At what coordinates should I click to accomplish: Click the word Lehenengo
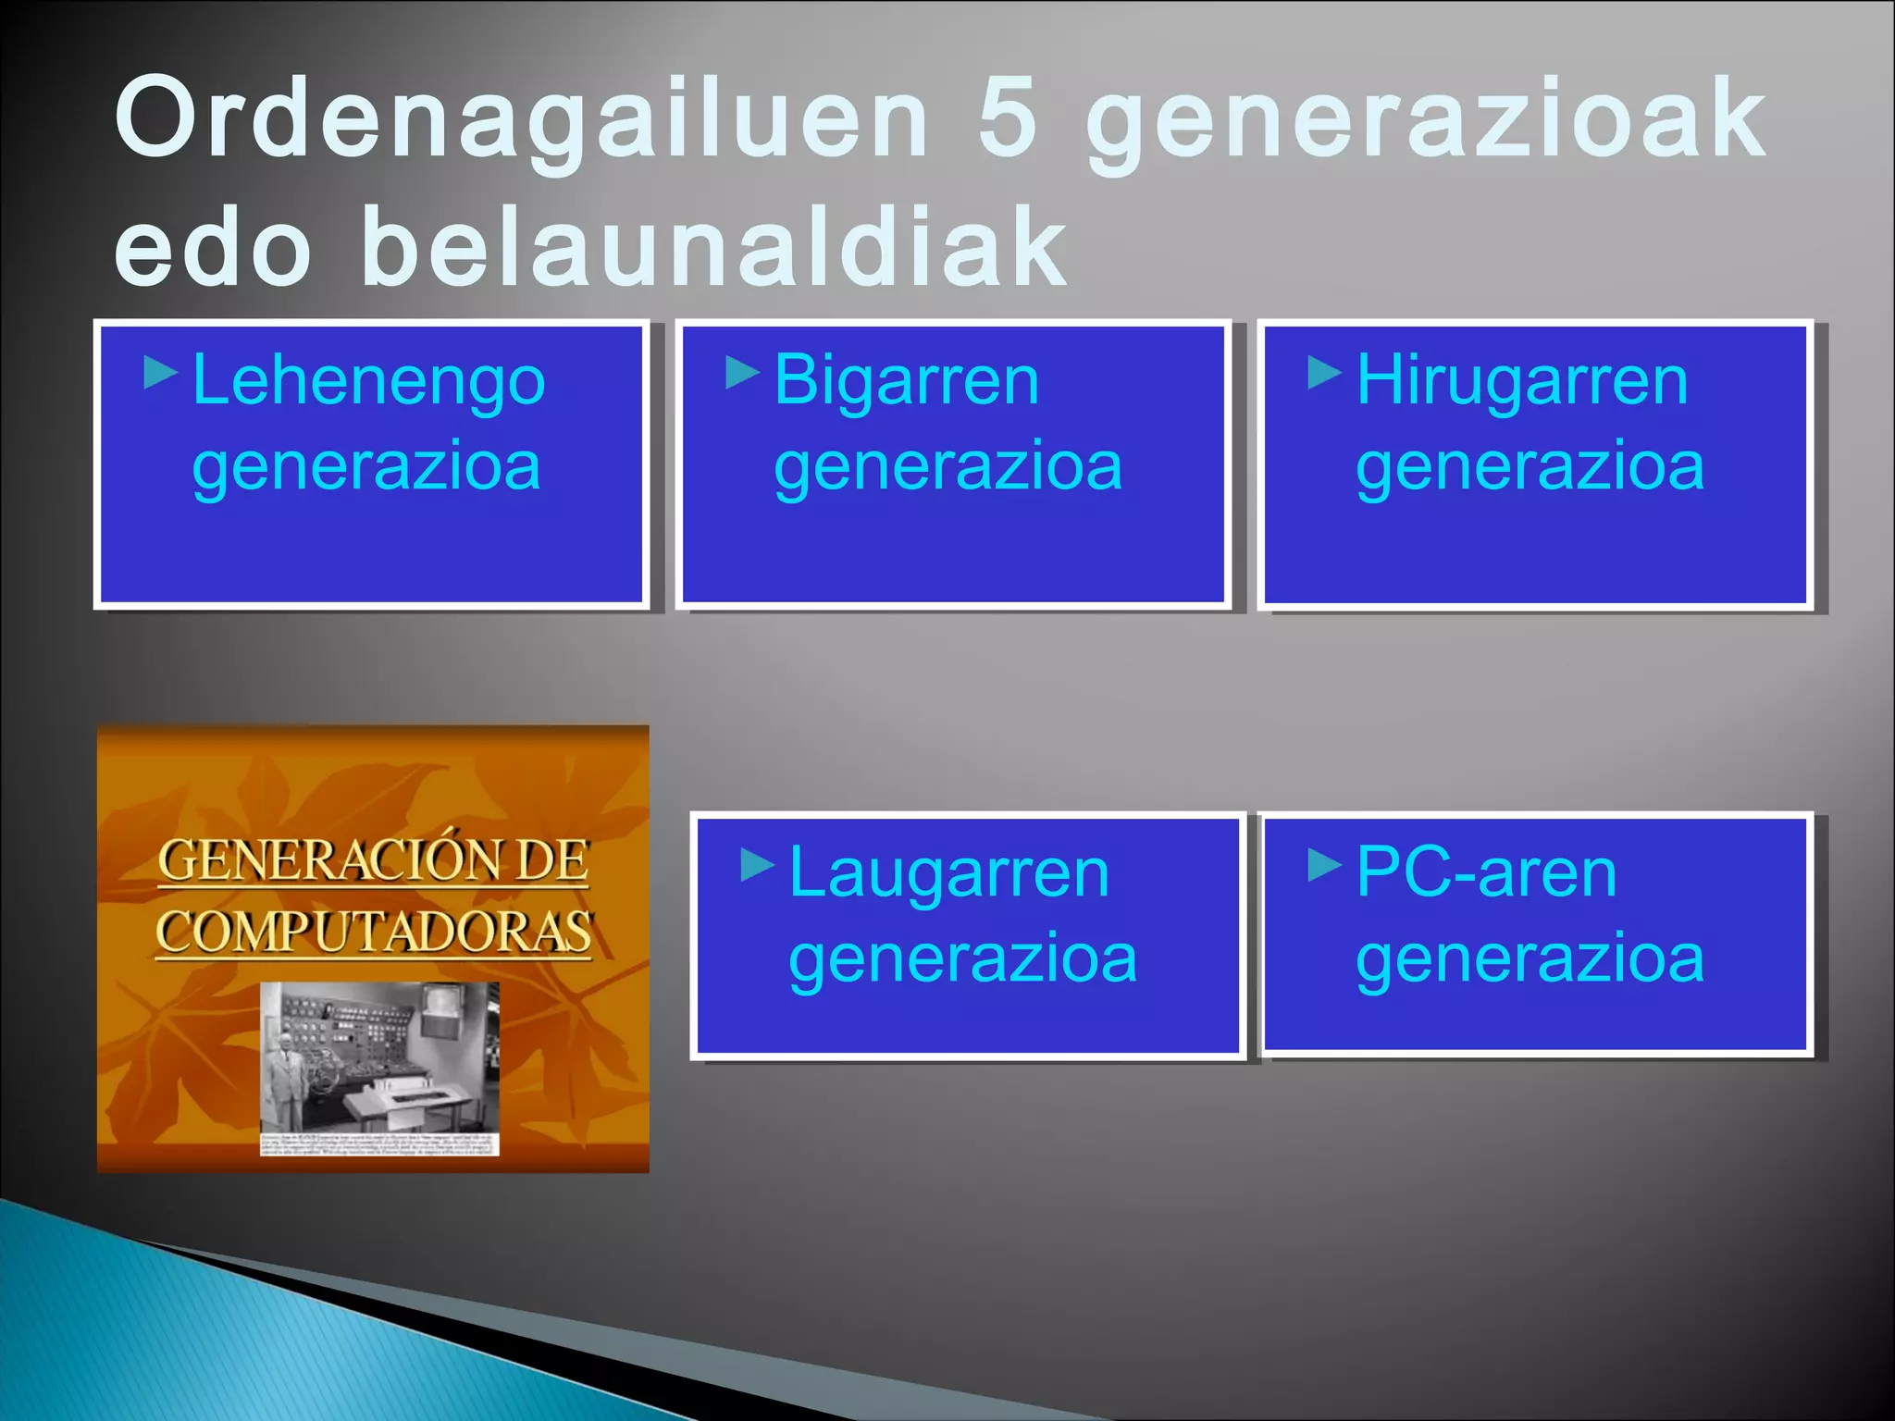click(x=368, y=381)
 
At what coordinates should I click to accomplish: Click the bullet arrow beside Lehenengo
click(x=161, y=373)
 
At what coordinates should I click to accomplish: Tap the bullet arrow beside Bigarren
click(x=742, y=373)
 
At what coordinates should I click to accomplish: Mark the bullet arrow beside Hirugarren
click(x=1324, y=373)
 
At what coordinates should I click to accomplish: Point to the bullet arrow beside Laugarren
click(x=758, y=866)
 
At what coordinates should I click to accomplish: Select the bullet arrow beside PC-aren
click(x=1324, y=866)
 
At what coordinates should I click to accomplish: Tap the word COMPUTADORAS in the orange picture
click(x=373, y=932)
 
